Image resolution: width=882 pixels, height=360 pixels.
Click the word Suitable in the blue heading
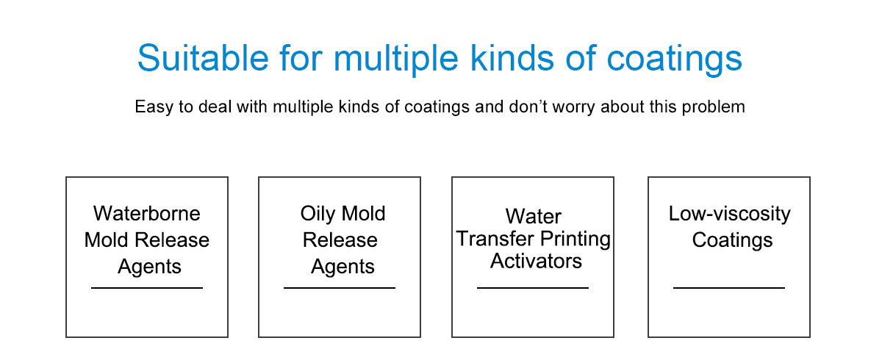point(203,58)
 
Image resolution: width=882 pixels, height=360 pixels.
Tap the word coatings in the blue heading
point(674,59)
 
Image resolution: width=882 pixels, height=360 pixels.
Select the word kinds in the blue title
point(512,58)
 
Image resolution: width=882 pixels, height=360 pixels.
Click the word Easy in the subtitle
point(154,107)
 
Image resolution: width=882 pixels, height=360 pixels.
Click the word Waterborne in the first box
point(146,214)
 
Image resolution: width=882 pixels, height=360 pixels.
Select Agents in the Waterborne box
point(149,267)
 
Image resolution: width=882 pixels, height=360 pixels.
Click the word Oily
point(318,215)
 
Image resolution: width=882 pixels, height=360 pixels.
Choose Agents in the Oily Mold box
point(343,267)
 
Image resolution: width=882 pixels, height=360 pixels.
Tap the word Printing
point(576,239)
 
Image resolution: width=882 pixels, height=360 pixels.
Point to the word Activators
point(536,261)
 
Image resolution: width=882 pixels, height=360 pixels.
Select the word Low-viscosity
point(730,215)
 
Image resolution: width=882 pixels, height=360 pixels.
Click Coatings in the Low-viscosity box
point(732,240)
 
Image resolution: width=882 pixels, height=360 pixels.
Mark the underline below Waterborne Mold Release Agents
point(147,288)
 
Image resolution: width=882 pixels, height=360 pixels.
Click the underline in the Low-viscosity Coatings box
point(729,288)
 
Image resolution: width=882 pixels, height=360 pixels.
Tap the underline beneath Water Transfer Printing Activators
point(533,288)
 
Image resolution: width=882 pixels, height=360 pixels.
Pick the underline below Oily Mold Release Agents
point(340,288)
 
